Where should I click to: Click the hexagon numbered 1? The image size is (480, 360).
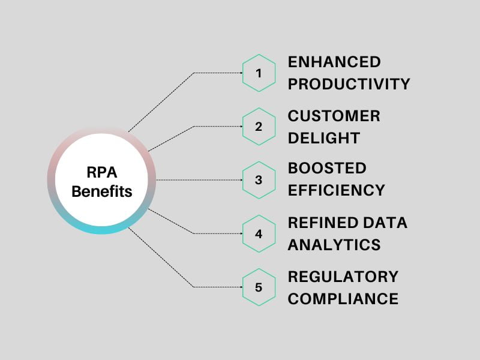tap(259, 73)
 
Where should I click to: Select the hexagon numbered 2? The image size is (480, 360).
tap(259, 127)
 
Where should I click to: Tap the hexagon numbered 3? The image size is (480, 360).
tap(259, 180)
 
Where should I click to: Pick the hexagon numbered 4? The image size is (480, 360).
tap(259, 233)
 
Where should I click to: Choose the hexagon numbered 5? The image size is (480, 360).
tap(259, 287)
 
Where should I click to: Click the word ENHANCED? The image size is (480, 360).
tap(334, 62)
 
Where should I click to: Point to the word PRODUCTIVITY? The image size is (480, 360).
tap(349, 84)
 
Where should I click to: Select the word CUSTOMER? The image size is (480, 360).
tap(334, 116)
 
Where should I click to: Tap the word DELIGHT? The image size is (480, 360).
tap(324, 138)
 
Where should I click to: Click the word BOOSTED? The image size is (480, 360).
tap(327, 168)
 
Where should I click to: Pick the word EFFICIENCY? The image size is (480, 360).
tap(337, 190)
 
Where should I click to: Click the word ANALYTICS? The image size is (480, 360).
tap(334, 245)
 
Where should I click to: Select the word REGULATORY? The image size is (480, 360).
tap(343, 277)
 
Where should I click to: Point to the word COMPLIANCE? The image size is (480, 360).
tap(343, 299)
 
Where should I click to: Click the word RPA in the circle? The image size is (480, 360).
tap(102, 172)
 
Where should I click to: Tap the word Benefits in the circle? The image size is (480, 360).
tap(102, 191)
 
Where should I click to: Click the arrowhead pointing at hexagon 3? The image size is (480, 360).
tap(242, 180)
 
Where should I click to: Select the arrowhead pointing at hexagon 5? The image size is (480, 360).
tap(242, 287)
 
